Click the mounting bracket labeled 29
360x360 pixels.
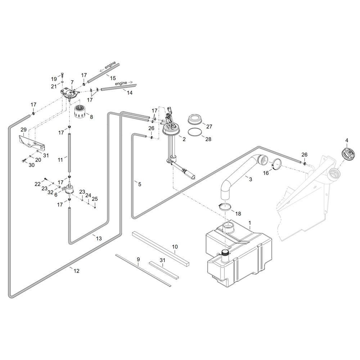[32, 142]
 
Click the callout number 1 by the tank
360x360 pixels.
[250, 223]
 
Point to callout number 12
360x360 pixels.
[76, 271]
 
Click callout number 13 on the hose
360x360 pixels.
[99, 238]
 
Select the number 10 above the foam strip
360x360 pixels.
[175, 247]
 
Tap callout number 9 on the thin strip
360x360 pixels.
[138, 260]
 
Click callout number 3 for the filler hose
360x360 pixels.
[251, 179]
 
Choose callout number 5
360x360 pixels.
[140, 184]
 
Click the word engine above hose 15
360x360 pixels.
[111, 66]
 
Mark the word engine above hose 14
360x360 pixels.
[121, 83]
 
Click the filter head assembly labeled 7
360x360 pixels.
[69, 93]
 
